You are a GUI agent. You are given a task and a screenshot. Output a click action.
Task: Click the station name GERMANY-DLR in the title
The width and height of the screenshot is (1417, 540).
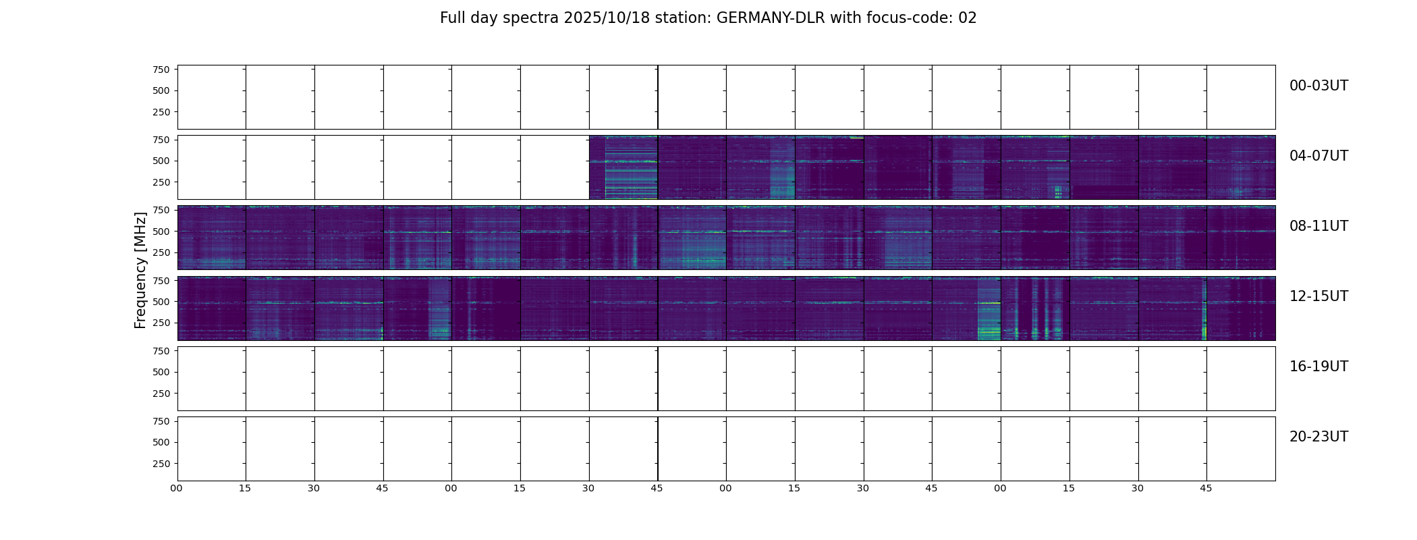tap(771, 18)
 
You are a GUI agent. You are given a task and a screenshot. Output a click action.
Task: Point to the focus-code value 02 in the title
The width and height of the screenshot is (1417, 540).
tap(968, 18)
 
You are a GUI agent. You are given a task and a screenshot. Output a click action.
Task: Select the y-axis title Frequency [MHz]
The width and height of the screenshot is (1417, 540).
tap(140, 270)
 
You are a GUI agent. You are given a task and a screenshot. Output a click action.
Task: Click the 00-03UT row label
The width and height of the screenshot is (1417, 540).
tap(1318, 86)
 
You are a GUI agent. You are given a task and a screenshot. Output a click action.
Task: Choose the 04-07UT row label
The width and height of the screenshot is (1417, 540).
tap(1318, 156)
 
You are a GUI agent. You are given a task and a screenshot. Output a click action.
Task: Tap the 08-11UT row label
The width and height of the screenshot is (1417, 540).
tap(1318, 226)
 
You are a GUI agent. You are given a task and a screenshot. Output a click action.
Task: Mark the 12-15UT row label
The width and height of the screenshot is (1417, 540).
tap(1318, 296)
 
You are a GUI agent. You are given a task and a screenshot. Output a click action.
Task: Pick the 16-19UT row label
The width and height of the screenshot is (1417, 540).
tap(1318, 367)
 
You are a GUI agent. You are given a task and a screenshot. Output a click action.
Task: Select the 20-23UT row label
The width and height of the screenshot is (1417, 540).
tap(1318, 437)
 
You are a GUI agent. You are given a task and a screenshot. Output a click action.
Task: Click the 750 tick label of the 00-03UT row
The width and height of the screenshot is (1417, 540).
tap(161, 70)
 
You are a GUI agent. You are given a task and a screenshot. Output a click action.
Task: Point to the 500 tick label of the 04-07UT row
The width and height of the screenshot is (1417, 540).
tap(161, 161)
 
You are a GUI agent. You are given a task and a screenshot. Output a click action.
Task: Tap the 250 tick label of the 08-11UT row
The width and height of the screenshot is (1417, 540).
tap(161, 252)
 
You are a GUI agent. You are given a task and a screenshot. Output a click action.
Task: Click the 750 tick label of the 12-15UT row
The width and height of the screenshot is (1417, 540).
tap(161, 280)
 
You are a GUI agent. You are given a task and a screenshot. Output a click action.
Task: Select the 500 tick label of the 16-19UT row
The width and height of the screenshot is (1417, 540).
tap(161, 372)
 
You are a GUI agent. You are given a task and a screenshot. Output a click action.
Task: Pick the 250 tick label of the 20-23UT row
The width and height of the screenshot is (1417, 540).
tap(161, 464)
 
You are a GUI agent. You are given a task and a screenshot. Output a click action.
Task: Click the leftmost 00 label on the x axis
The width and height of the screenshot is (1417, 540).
tap(176, 488)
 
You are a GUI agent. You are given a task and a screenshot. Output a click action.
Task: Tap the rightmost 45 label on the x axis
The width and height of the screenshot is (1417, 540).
tap(1206, 488)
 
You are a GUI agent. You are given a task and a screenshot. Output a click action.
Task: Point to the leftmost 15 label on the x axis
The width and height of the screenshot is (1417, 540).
tap(245, 488)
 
